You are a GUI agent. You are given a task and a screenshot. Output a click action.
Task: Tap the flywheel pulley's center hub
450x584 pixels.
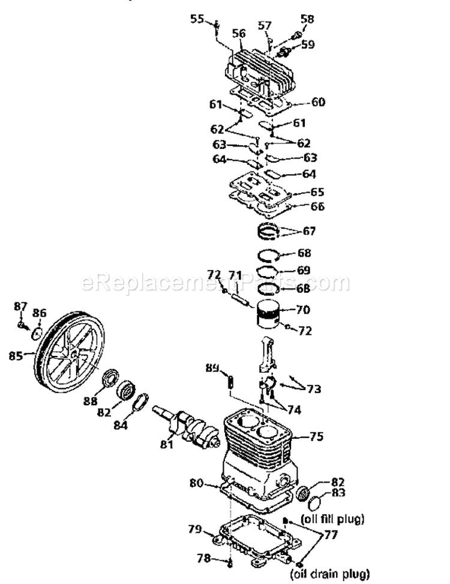73,355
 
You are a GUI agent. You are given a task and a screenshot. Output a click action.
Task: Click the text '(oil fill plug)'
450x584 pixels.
332,517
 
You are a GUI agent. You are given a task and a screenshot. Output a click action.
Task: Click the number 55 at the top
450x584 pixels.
197,19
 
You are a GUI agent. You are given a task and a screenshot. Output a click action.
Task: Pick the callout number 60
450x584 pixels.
317,103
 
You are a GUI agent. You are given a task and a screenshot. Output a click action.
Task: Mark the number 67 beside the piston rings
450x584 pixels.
309,231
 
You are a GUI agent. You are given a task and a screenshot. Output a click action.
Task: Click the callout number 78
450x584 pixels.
205,558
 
